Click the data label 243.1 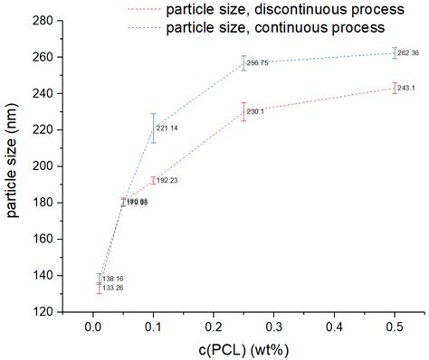[x=407, y=88]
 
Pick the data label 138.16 [x=111, y=279]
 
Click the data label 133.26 [x=111, y=288]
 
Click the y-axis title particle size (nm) [x=13, y=166]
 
